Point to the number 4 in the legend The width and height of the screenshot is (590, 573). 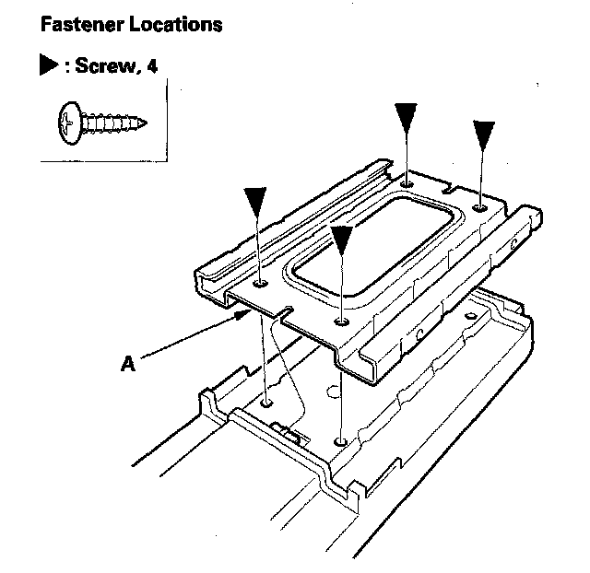[x=147, y=67]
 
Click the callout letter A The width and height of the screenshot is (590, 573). [x=129, y=364]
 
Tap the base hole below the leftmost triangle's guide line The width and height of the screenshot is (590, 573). [x=267, y=403]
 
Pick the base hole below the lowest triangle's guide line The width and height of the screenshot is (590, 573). [x=342, y=441]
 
